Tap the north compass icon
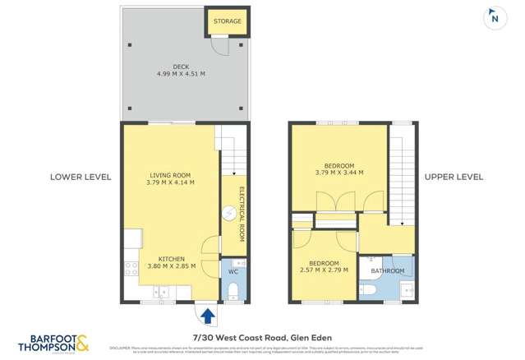tap(495, 17)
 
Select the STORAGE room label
tap(228, 21)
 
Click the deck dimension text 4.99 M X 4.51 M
tap(181, 74)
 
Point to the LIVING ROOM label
tap(170, 175)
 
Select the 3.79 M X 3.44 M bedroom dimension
tap(338, 173)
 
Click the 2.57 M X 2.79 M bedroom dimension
tap(323, 270)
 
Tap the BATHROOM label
tap(387, 270)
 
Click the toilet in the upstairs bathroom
tap(369, 290)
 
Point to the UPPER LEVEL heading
tap(454, 177)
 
